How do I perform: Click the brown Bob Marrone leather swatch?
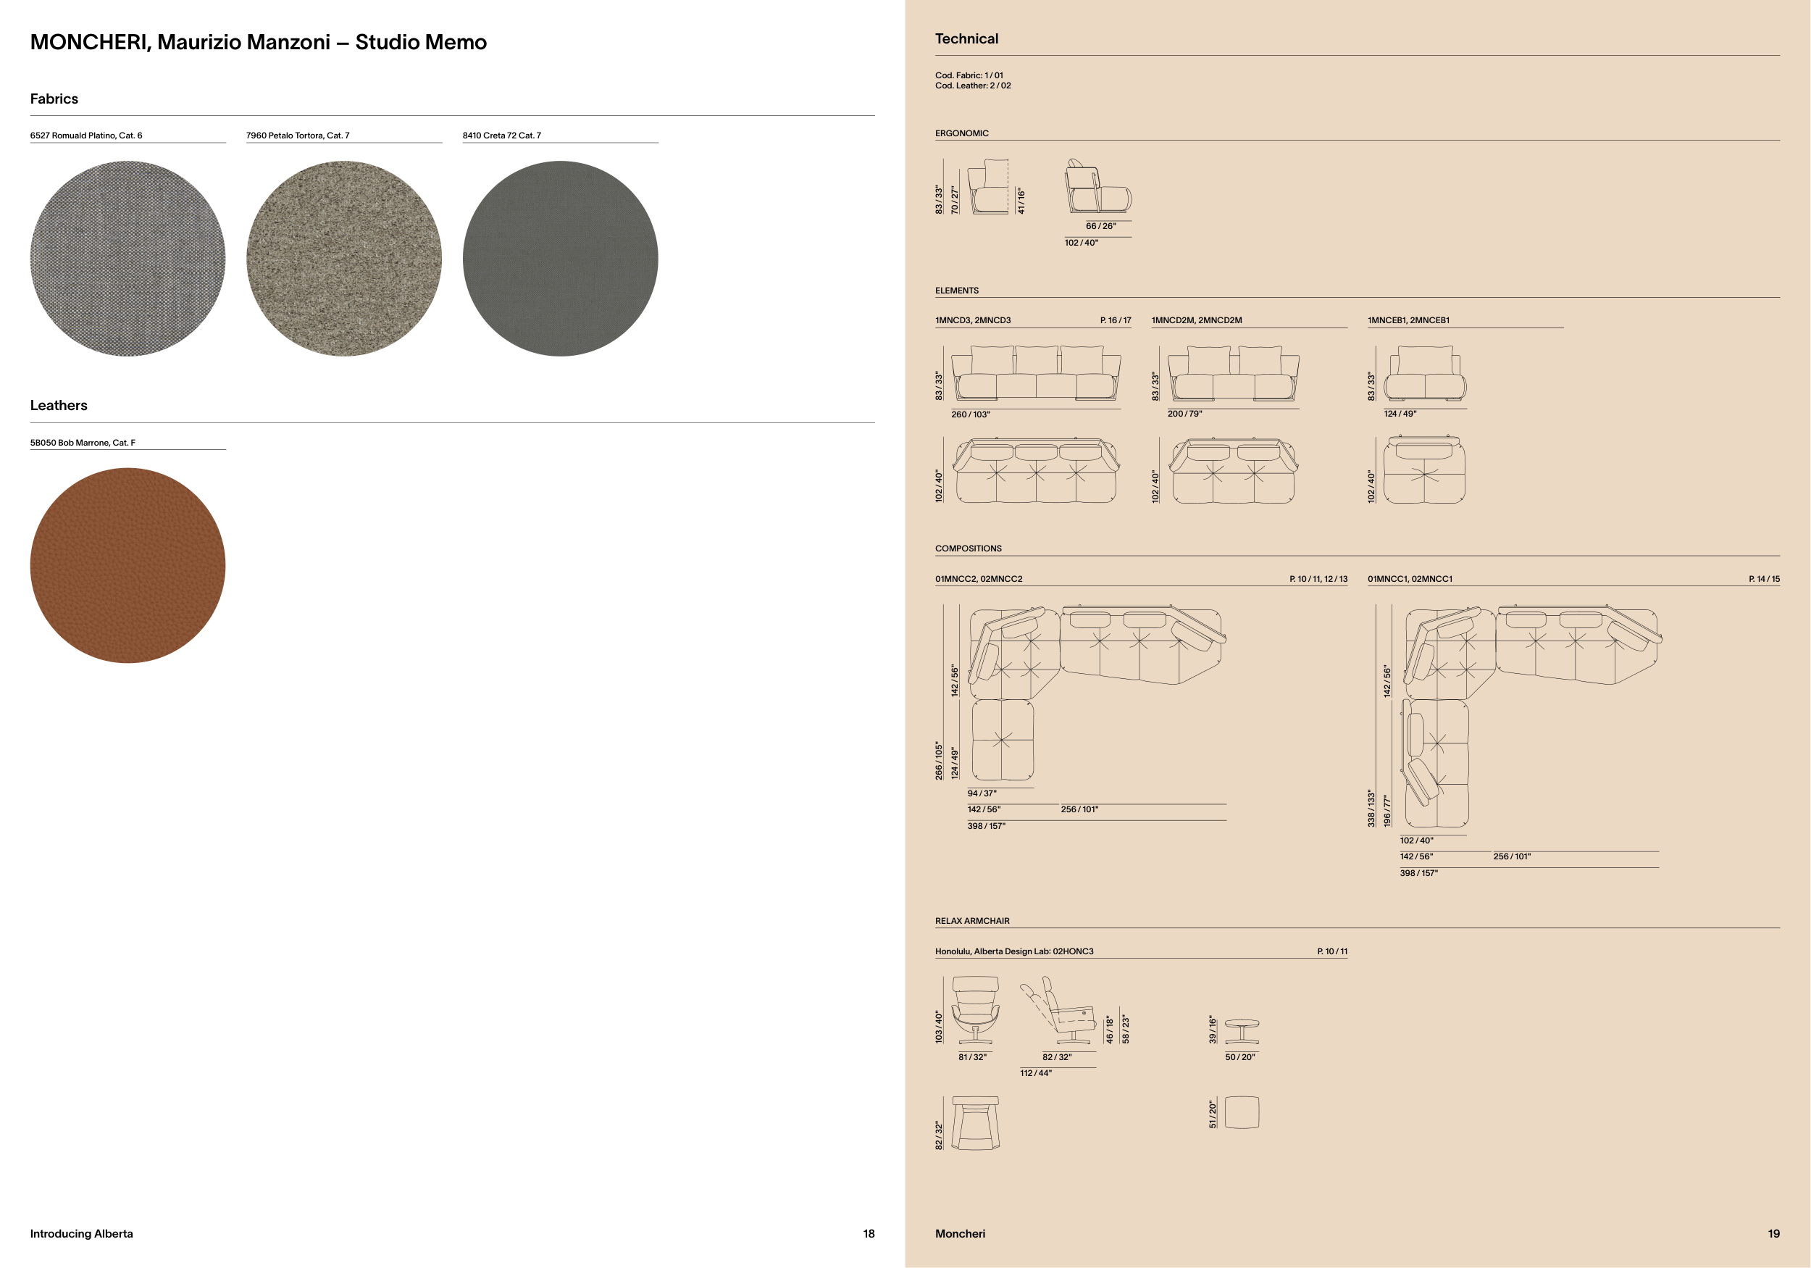(x=127, y=565)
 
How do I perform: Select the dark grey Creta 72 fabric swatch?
(x=560, y=259)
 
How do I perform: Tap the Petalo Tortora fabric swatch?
(x=344, y=259)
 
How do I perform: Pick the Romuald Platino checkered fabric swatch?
(x=127, y=259)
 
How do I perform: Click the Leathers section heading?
(x=59, y=406)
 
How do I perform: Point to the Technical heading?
(x=966, y=38)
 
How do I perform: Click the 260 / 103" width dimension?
(x=970, y=414)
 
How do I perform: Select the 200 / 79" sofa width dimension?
(x=1184, y=414)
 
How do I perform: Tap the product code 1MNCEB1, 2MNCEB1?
(x=1408, y=320)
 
